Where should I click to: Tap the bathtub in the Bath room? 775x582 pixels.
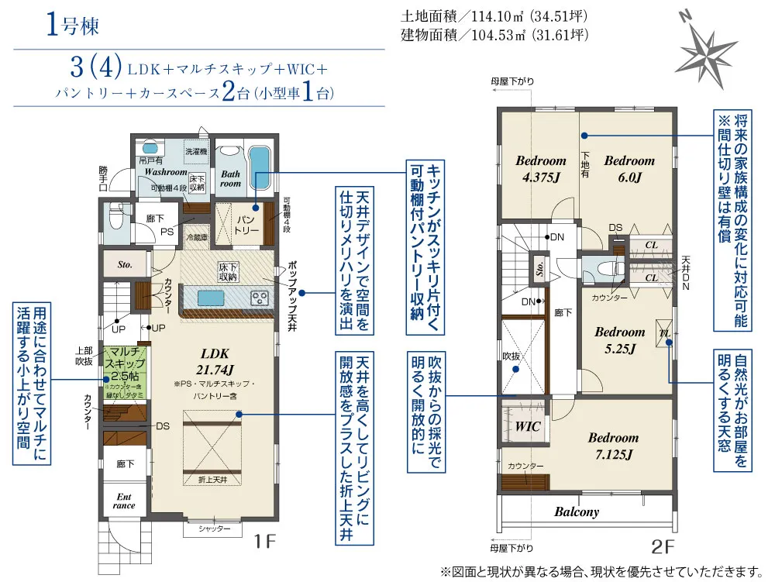(x=260, y=167)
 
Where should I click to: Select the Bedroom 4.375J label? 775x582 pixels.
(x=540, y=168)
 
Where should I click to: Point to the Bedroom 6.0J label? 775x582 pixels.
(x=629, y=168)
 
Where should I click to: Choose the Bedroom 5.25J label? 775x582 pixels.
(x=619, y=339)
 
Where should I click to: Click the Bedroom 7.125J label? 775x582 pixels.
(x=612, y=446)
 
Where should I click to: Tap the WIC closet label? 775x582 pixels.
(x=528, y=426)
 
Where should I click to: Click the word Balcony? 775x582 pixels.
(x=577, y=511)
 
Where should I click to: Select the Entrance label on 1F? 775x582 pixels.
(x=125, y=501)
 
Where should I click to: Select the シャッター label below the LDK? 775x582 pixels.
(x=215, y=529)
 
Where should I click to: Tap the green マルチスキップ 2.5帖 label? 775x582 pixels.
(x=124, y=364)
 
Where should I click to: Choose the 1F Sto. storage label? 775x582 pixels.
(x=125, y=264)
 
